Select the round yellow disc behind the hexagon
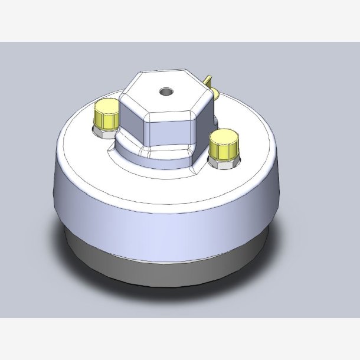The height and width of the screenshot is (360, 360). coord(215,93)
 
